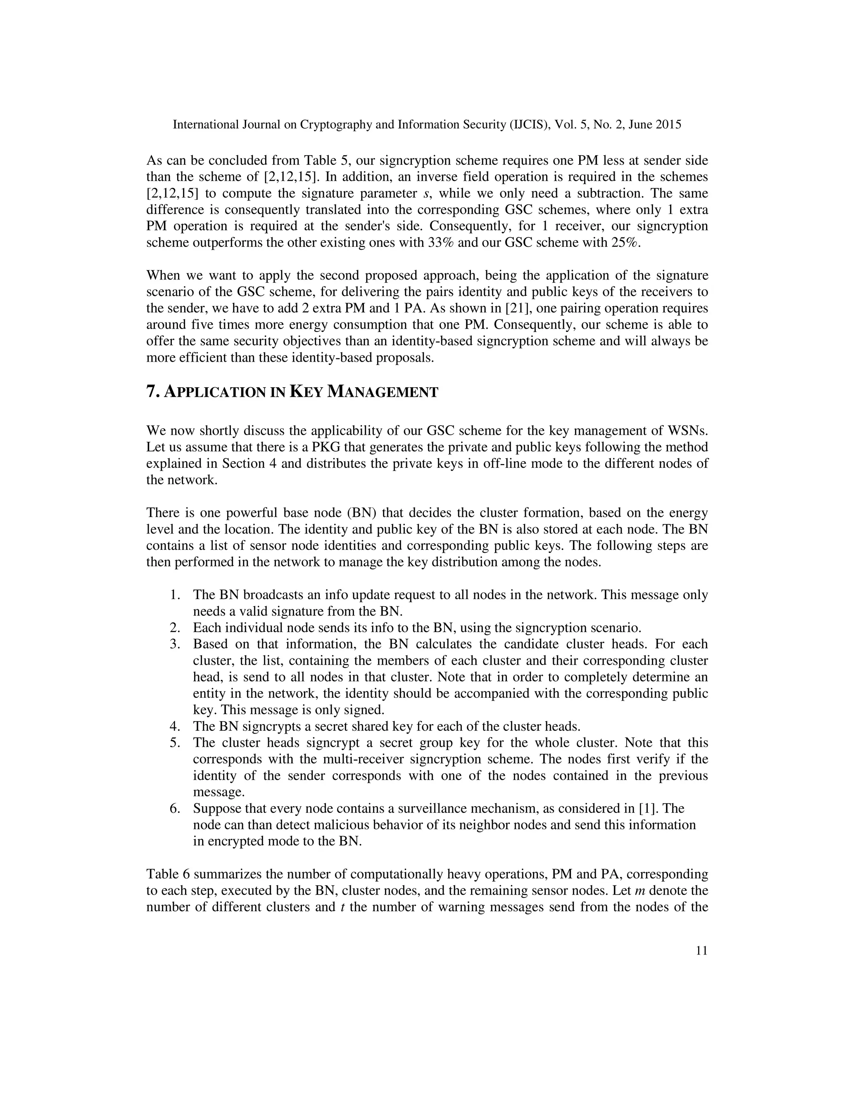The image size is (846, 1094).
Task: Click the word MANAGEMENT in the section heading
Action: click(383, 392)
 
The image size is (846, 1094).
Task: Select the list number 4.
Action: click(174, 726)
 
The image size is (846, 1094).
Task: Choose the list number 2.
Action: click(174, 628)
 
